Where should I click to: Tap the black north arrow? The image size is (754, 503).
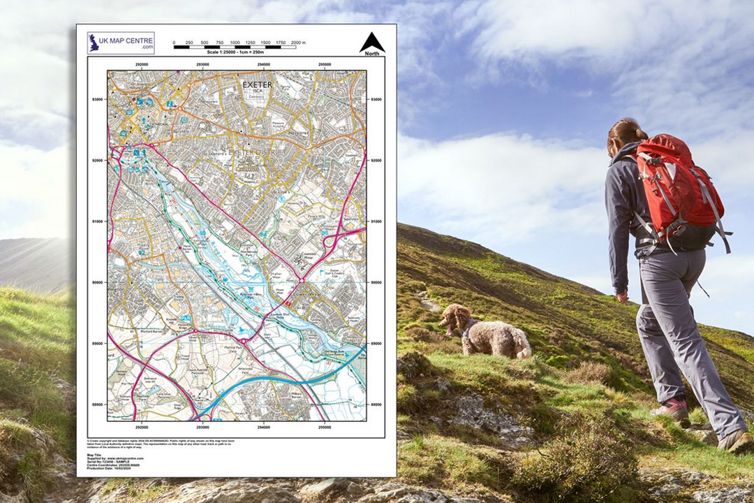(372, 42)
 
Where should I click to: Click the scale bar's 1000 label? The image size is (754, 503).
(235, 43)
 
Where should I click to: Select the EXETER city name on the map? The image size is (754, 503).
(257, 85)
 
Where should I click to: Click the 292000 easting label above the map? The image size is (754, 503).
(142, 64)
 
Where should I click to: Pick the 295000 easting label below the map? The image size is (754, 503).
(325, 426)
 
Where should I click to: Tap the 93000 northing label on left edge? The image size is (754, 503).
(96, 100)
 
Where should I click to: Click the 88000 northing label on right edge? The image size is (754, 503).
(376, 404)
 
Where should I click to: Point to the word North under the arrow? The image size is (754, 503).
(372, 54)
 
